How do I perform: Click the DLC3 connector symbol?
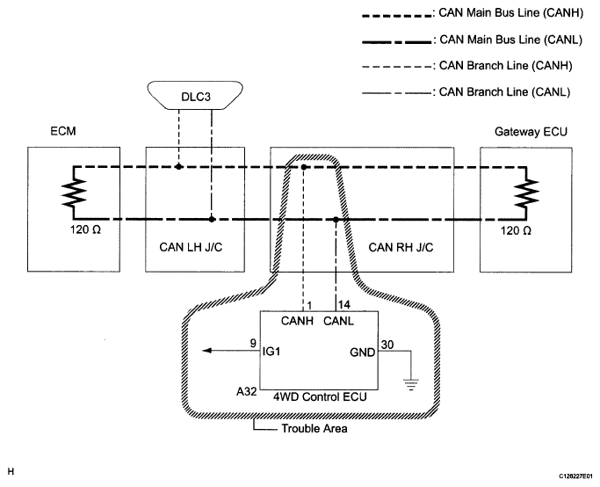195,95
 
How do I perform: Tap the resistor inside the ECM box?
74,193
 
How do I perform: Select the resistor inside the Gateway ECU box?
526,193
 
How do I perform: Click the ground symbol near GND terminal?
411,384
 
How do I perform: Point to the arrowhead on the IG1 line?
206,351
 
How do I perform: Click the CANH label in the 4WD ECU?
297,321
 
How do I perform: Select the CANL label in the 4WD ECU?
338,321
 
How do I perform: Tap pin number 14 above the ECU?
344,304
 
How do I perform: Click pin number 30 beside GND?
387,345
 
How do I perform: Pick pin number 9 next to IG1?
253,343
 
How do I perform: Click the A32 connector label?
247,392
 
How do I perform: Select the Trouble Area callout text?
314,428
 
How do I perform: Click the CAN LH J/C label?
191,247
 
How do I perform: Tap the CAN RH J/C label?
401,247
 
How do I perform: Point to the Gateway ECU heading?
531,132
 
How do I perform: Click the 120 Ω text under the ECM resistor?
85,229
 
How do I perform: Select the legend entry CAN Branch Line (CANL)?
504,92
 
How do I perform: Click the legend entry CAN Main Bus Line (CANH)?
511,12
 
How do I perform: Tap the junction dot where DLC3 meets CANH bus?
178,166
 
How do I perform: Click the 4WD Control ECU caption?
320,396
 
